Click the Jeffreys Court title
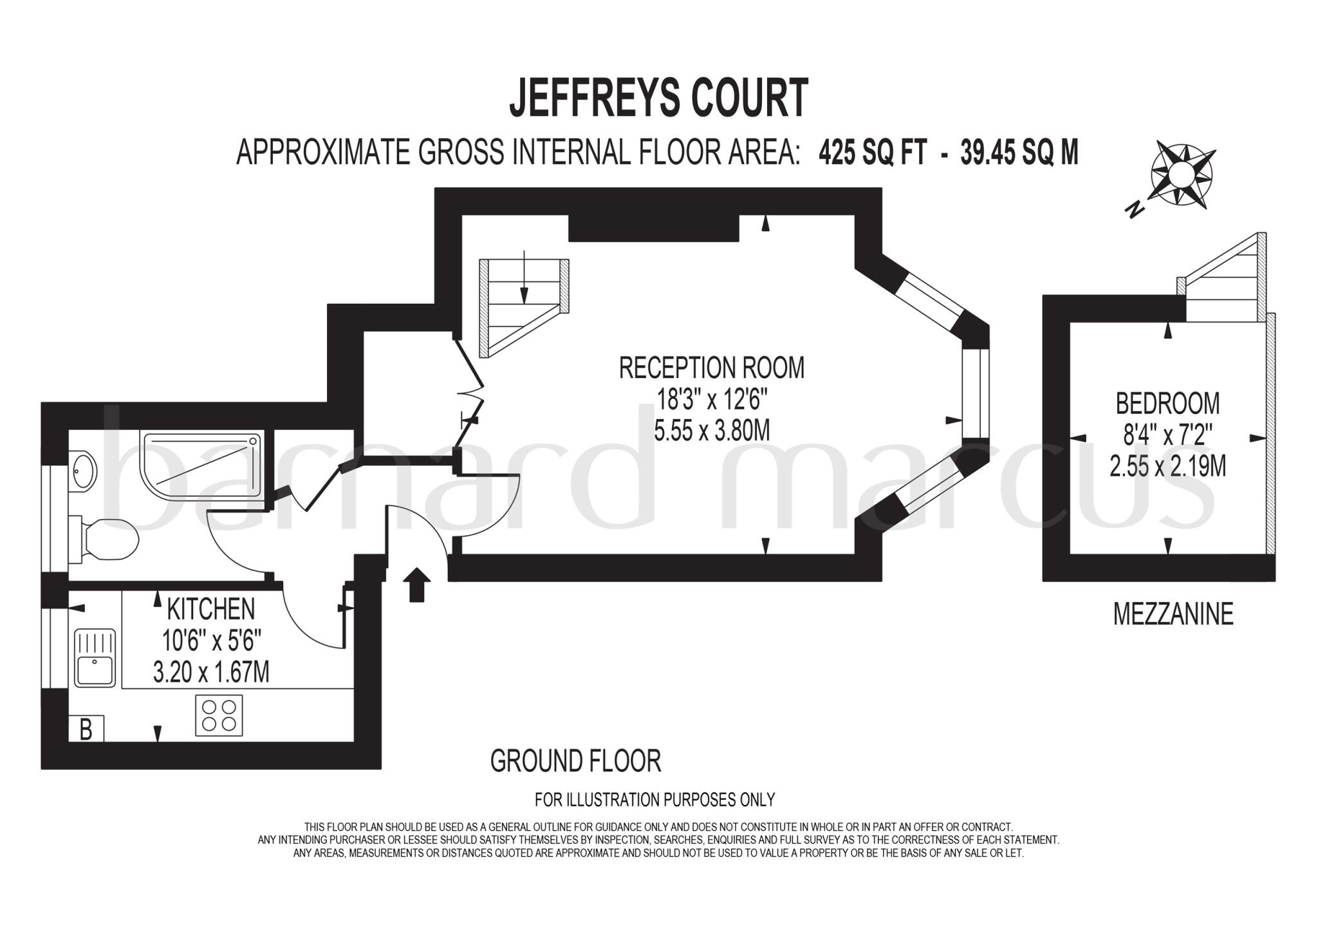click(x=658, y=99)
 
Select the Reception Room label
click(x=711, y=368)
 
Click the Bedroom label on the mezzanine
click(x=1167, y=404)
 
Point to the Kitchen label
click(x=210, y=609)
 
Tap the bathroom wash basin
click(x=83, y=471)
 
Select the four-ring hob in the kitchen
click(x=219, y=715)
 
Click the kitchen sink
click(x=95, y=658)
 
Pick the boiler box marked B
click(x=86, y=729)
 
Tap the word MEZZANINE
click(x=1173, y=614)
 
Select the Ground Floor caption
click(x=575, y=761)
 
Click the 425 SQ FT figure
click(x=873, y=154)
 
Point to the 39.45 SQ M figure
click(x=1019, y=154)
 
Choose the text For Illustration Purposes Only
click(x=654, y=800)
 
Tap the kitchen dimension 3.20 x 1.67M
click(x=211, y=673)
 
